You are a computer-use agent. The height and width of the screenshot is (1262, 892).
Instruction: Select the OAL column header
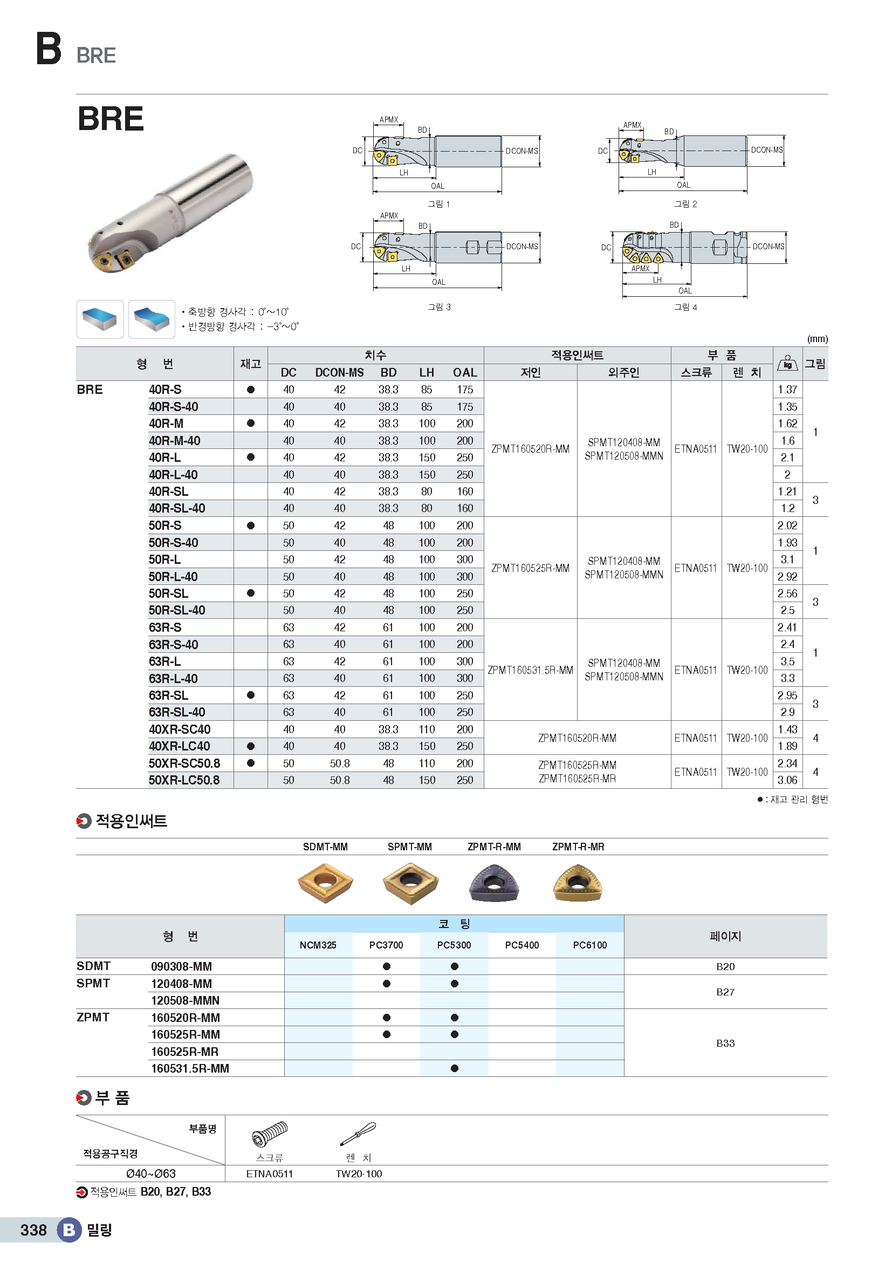pos(465,373)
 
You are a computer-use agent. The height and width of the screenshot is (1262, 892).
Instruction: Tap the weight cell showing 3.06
pos(787,780)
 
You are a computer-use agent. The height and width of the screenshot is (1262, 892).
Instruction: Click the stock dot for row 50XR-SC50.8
pos(250,763)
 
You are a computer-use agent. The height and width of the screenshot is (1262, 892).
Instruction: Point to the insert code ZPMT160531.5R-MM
pos(530,670)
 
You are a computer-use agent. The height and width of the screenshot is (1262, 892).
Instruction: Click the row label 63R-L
pos(165,661)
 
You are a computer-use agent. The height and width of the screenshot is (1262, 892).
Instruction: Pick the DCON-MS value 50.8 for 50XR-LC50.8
pos(339,780)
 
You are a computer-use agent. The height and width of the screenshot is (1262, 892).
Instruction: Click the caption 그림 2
pos(685,204)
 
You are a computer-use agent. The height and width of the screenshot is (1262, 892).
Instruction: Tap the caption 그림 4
pos(685,307)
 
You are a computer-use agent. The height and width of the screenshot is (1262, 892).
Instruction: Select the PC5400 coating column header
pos(522,945)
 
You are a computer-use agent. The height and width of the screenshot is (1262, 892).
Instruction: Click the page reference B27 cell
pos(725,992)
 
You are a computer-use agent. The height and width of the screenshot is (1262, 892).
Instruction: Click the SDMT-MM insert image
pos(325,882)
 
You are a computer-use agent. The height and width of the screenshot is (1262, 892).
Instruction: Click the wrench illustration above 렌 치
pos(358,1134)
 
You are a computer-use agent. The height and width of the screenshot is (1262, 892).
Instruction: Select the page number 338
pos(33,1230)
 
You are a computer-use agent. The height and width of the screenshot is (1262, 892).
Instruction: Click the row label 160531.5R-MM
pos(190,1068)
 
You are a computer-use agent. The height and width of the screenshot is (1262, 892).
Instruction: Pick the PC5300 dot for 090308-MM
pos(454,966)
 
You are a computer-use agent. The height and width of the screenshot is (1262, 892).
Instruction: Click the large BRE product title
pos(111,119)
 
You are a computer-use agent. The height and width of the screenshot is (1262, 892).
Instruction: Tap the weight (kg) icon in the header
pos(787,363)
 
